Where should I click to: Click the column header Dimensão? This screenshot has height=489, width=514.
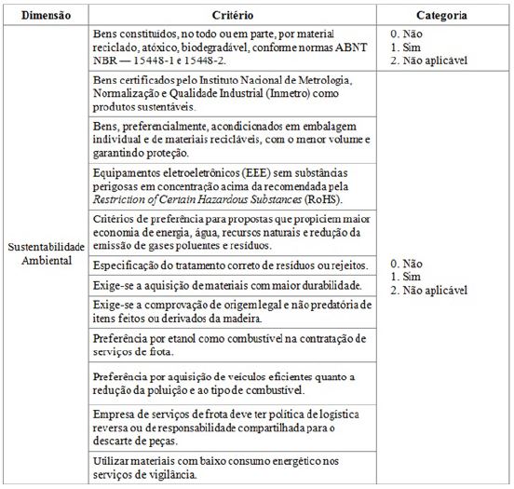click(46, 16)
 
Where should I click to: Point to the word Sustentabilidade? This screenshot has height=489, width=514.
click(46, 247)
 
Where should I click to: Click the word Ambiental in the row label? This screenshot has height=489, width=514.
click(46, 260)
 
